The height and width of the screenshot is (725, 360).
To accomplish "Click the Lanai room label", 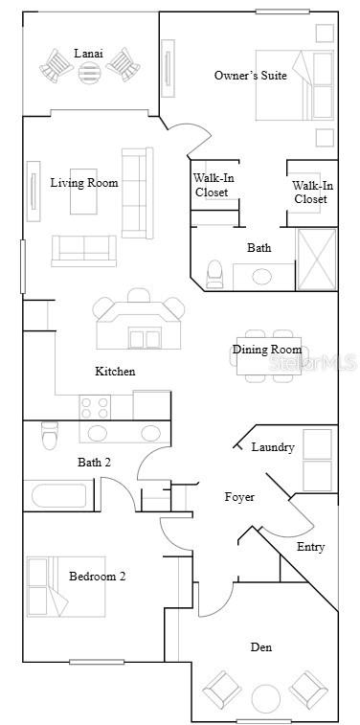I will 88,54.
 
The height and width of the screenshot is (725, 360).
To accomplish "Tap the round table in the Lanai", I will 89,73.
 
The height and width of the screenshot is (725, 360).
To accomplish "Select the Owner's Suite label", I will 242,75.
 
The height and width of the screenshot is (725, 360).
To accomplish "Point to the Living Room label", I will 84,182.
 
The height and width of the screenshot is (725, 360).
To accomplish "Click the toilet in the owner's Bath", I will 214,274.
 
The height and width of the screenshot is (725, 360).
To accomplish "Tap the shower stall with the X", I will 317,259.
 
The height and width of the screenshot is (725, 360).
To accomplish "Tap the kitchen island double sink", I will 146,338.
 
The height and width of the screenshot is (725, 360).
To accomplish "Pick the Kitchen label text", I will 115,371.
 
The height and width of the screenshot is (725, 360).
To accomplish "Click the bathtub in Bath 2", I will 58,497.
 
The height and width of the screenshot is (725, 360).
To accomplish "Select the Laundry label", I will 273,447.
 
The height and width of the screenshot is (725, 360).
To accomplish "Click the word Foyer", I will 239,497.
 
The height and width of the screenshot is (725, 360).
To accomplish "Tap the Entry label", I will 310,547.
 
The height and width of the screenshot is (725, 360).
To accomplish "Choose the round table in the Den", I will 265,696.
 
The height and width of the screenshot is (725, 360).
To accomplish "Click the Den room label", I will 260,647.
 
